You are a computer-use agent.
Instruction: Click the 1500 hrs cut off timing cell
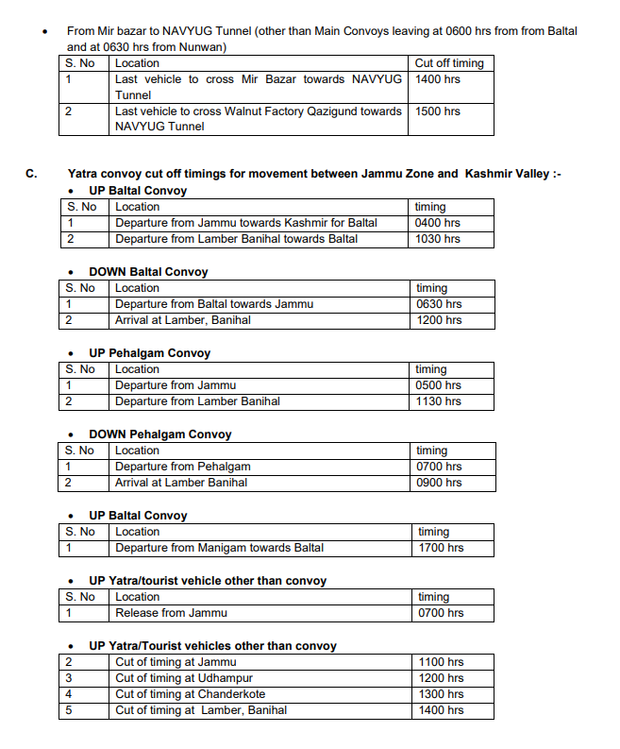point(438,111)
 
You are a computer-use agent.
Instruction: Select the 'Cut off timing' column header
point(449,63)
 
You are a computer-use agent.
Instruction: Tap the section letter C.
point(31,174)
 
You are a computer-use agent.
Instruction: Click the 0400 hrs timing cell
point(438,223)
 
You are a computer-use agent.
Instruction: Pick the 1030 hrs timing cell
point(438,239)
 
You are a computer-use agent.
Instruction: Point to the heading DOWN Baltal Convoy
point(148,272)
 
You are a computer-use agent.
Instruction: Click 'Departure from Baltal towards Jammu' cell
point(214,304)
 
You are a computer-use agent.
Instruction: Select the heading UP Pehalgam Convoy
point(149,353)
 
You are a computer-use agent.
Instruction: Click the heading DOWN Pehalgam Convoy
point(159,434)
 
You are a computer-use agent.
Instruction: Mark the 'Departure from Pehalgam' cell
point(183,467)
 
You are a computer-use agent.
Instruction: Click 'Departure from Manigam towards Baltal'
point(219,548)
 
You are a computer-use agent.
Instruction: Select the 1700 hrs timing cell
point(440,548)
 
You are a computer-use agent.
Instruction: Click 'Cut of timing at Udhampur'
point(184,678)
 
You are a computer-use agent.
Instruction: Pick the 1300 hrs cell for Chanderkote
point(441,694)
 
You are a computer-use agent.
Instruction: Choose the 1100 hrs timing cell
point(441,662)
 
